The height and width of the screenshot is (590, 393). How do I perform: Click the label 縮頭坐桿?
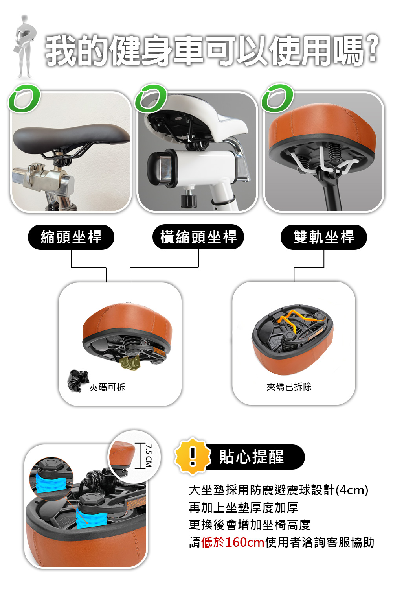[71, 237]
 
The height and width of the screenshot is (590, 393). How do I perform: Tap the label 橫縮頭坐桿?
[198, 237]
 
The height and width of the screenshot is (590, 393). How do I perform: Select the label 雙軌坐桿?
[323, 237]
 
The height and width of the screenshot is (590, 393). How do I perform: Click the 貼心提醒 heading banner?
[252, 457]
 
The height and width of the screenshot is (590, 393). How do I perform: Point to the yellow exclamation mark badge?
[193, 456]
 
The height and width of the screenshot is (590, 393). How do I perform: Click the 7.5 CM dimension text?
[149, 456]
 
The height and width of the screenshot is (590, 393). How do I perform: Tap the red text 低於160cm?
[233, 542]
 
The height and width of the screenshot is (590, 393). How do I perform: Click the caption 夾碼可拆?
[107, 387]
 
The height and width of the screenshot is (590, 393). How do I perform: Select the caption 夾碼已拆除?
[289, 387]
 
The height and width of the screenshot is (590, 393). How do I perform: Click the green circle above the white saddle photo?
[151, 98]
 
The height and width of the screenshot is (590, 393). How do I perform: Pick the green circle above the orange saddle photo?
[277, 98]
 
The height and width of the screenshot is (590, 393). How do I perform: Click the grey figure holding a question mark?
[24, 47]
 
